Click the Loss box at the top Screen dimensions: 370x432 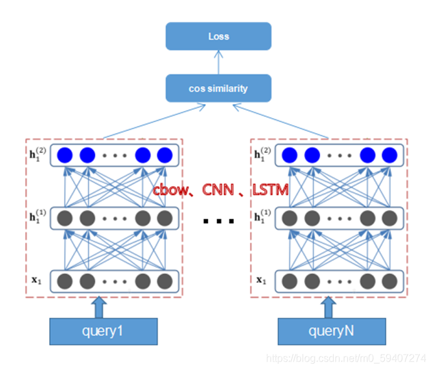[x=218, y=36]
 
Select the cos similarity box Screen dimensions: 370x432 [x=218, y=88]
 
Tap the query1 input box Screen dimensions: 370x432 [x=105, y=332]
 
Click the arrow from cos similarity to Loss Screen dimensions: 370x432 [x=218, y=62]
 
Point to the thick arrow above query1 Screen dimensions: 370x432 [x=98, y=307]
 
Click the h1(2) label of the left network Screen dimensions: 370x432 [x=40, y=156]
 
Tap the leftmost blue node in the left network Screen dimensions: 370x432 [x=65, y=156]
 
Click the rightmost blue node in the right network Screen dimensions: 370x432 [x=389, y=156]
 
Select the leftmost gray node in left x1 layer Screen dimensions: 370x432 [x=65, y=280]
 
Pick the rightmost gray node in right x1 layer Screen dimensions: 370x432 [x=389, y=280]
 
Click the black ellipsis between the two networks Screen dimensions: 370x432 [x=218, y=221]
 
